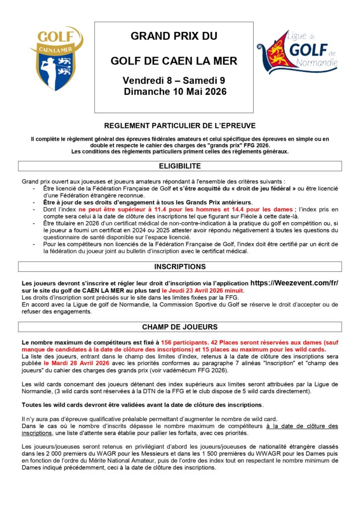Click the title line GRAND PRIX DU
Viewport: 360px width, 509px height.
(x=174, y=36)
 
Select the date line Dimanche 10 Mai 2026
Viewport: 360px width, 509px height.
(x=175, y=91)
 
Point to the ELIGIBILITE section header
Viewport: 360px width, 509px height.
(x=180, y=166)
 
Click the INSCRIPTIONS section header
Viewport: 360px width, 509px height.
(x=180, y=266)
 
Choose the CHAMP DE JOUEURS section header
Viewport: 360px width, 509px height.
(x=180, y=327)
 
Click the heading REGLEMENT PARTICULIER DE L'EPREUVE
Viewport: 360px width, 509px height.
(x=180, y=126)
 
